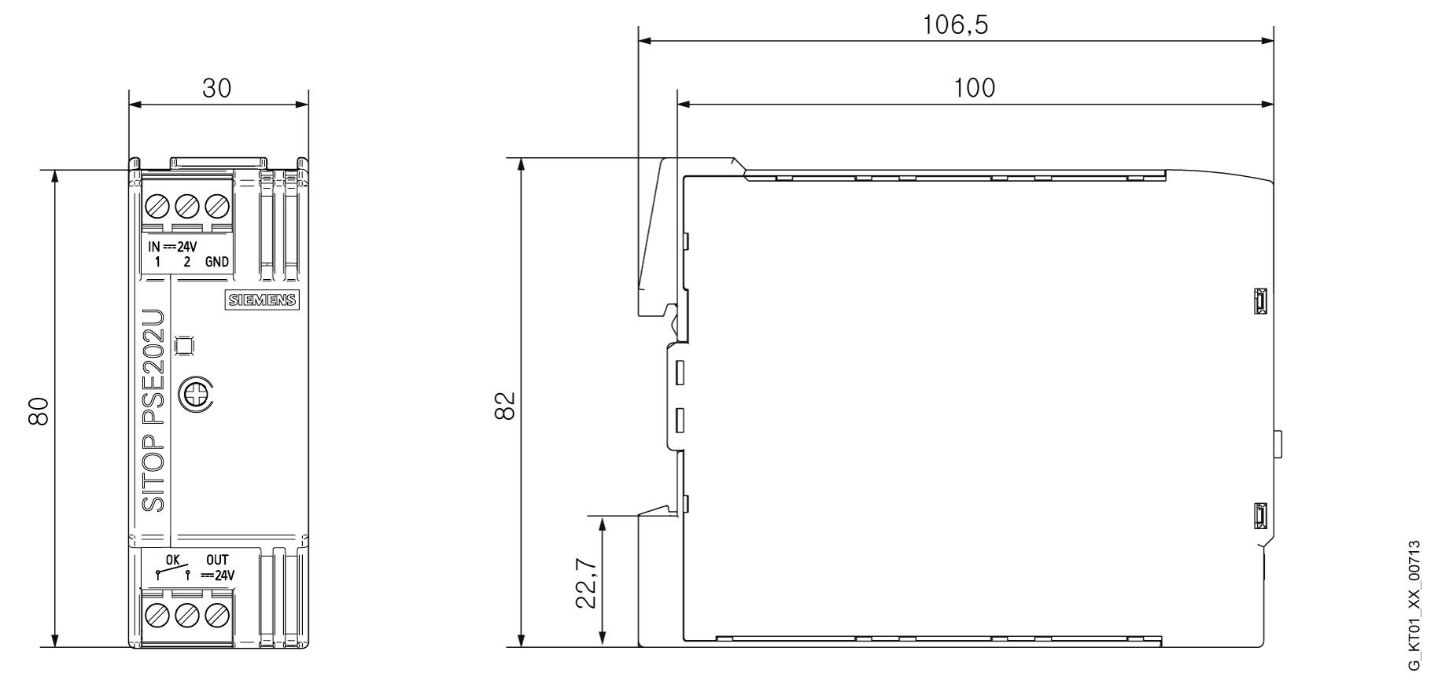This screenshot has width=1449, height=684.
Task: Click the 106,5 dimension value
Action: point(955,25)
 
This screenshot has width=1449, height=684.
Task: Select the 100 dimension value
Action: point(974,87)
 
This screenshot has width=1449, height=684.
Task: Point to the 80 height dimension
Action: point(39,410)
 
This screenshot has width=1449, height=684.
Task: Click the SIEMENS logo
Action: point(263,300)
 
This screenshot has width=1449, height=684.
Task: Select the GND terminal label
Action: point(217,262)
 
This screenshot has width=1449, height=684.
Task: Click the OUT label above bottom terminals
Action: point(217,560)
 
